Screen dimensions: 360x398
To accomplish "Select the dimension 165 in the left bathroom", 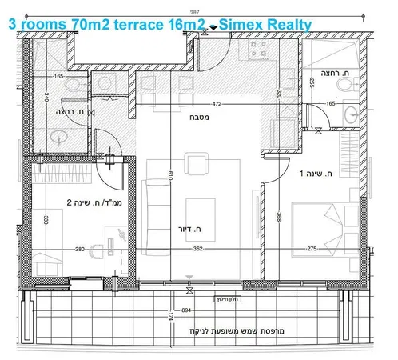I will pos(58,76).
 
